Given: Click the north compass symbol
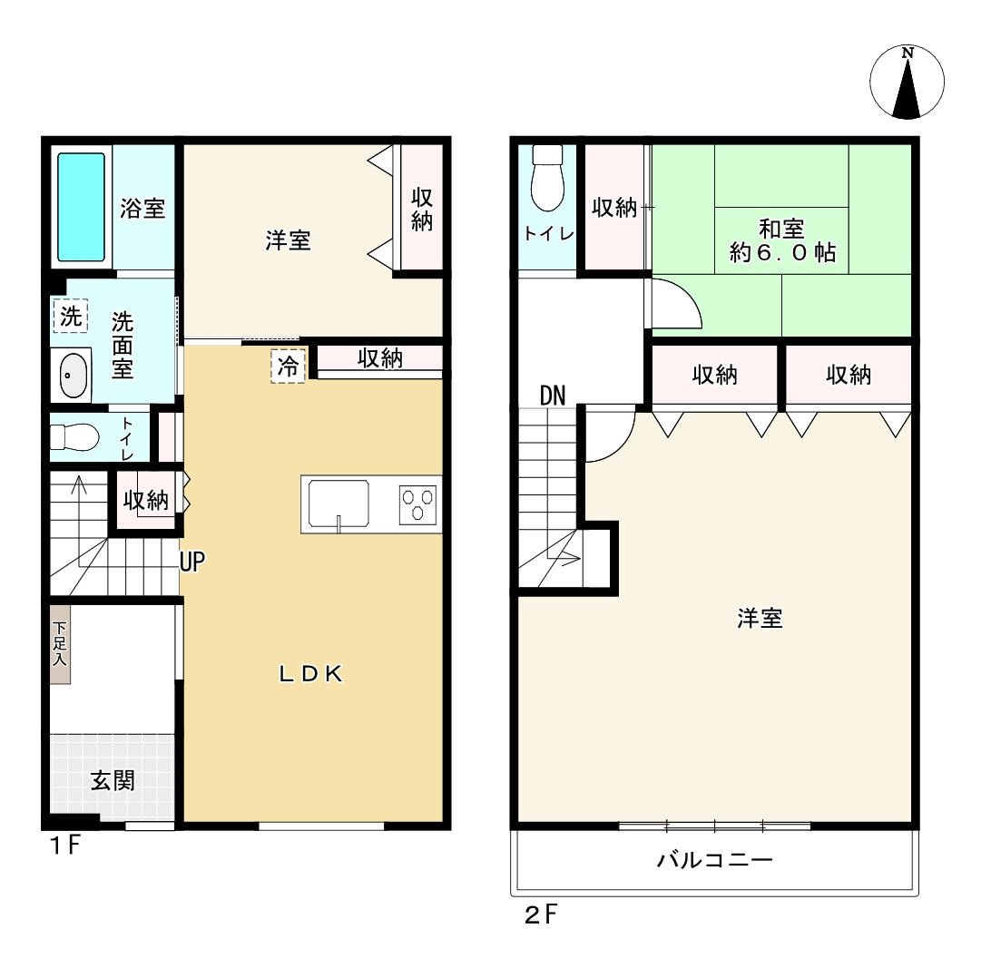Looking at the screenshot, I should pyautogui.click(x=907, y=81).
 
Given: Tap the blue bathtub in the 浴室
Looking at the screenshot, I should pyautogui.click(x=81, y=207).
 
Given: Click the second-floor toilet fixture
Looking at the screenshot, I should pyautogui.click(x=547, y=180).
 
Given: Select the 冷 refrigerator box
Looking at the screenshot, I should pyautogui.click(x=288, y=367).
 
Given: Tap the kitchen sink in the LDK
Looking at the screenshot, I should pyautogui.click(x=339, y=504).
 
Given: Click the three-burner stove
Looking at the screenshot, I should pyautogui.click(x=418, y=504).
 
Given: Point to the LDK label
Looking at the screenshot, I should pyautogui.click(x=309, y=673).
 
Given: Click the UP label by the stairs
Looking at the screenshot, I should pyautogui.click(x=191, y=563).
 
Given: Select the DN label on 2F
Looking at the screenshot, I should pyautogui.click(x=552, y=396).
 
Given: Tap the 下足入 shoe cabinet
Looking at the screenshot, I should pyautogui.click(x=60, y=645).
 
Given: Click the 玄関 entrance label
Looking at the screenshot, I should pyautogui.click(x=113, y=781).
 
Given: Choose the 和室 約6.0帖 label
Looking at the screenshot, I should pyautogui.click(x=782, y=240).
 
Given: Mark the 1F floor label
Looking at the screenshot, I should pyautogui.click(x=64, y=846).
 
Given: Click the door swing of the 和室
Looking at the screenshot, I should pyautogui.click(x=676, y=306).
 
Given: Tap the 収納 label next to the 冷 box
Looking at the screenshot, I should pyautogui.click(x=379, y=359).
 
